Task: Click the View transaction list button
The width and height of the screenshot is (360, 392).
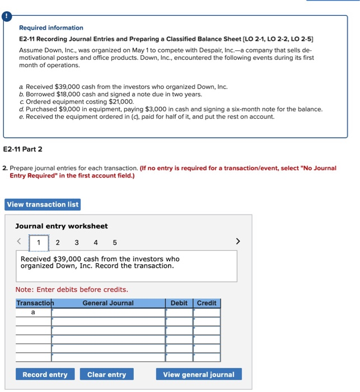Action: click(x=43, y=204)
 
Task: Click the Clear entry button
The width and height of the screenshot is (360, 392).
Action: click(x=106, y=375)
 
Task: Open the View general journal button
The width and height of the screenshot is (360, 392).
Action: click(x=199, y=375)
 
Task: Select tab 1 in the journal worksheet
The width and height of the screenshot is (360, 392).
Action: click(x=39, y=242)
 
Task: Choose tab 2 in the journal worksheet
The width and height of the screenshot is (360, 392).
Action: click(x=57, y=242)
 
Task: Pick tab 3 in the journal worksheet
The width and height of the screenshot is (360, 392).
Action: click(x=77, y=242)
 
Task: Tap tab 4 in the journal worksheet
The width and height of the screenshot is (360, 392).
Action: click(x=96, y=242)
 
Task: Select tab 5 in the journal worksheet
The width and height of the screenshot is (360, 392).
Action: click(x=115, y=242)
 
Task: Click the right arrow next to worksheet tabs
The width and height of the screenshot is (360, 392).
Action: click(x=238, y=242)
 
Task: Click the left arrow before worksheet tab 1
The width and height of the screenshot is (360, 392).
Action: click(x=19, y=242)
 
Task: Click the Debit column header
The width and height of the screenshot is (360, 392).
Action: click(x=179, y=303)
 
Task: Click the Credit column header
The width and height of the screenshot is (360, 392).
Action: click(x=207, y=303)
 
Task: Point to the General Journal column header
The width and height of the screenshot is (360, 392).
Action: click(x=108, y=303)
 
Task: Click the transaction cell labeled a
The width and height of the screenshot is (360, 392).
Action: click(x=33, y=312)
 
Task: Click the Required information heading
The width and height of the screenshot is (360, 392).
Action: click(x=51, y=28)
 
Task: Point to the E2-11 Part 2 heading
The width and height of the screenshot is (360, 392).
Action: click(x=22, y=150)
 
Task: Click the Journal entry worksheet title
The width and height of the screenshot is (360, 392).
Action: click(x=62, y=226)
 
